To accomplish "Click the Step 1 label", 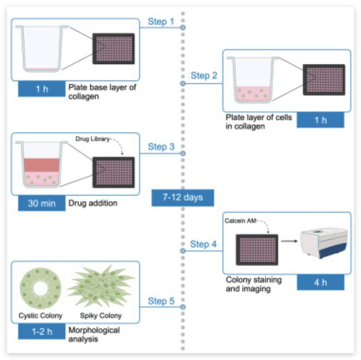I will click(161, 22).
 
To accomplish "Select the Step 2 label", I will click(203, 75).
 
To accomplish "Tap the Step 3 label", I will click(161, 147).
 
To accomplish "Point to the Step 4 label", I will click(203, 244).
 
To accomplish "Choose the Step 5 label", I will click(161, 301).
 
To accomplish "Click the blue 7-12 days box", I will click(183, 197).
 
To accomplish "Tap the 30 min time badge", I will click(42, 203).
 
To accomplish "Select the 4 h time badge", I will click(321, 282).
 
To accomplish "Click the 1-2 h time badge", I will click(42, 332).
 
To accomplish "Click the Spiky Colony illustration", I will click(101, 286).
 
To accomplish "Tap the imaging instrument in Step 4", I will click(324, 243).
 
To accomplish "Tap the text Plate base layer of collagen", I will click(101, 91).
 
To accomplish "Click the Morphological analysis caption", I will click(94, 334).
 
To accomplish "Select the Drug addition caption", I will click(93, 203).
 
